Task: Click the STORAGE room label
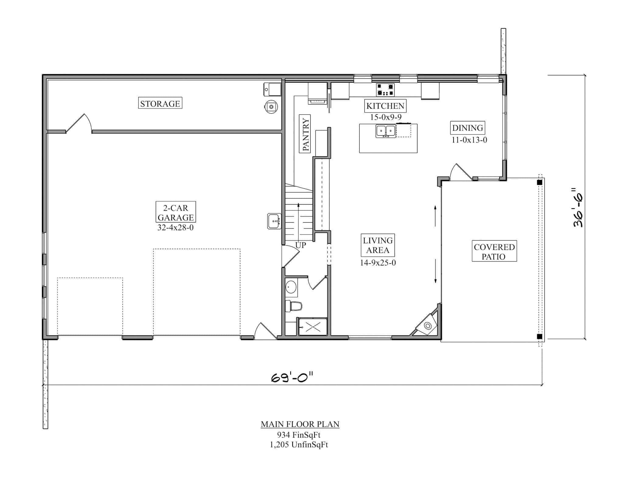(x=160, y=103)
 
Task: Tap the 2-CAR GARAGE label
(x=176, y=213)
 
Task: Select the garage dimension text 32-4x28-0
(x=176, y=227)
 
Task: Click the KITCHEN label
(x=385, y=106)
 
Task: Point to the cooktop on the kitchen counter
(x=385, y=89)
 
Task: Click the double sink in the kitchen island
(x=385, y=131)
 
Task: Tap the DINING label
(x=467, y=128)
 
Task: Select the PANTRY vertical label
(x=305, y=134)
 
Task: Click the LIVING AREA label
(x=378, y=245)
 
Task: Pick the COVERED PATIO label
(x=494, y=251)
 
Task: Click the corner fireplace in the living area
(x=427, y=326)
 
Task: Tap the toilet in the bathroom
(x=294, y=306)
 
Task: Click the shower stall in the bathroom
(x=313, y=327)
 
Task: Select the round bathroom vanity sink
(x=291, y=287)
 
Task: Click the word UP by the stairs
(x=301, y=245)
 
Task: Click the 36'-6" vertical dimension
(x=578, y=208)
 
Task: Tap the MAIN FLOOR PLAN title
(x=300, y=424)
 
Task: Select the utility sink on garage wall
(x=274, y=221)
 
